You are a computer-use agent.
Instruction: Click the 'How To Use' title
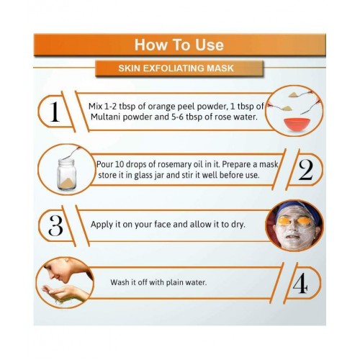click(x=179, y=45)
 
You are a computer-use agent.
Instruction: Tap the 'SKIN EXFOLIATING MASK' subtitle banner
click(x=179, y=68)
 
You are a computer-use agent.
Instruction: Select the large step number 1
click(x=55, y=112)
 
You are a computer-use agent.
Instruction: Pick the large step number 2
click(x=306, y=170)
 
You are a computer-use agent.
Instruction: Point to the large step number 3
click(x=55, y=225)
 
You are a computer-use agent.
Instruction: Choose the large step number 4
click(x=300, y=283)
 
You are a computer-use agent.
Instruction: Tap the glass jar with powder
click(x=67, y=174)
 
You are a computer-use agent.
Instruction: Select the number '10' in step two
click(x=119, y=164)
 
